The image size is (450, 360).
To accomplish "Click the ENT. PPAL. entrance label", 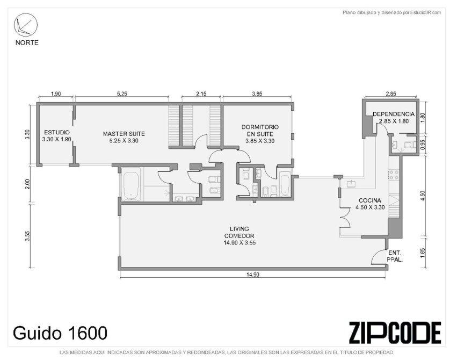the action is pos(395,256).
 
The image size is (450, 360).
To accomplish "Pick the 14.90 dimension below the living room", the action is pos(252,275).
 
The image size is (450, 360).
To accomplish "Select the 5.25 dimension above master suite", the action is pos(122,93).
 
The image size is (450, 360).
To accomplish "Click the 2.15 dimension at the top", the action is pos(201,93).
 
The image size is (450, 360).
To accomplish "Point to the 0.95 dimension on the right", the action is pos(423,145).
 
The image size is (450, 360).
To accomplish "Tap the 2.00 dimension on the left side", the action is pos(27,184).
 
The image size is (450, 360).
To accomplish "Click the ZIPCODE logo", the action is pos(395,333).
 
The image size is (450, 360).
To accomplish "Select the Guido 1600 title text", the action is pos(60,333).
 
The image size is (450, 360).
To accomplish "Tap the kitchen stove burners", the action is pos(394,175).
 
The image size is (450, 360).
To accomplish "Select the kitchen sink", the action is pos(351,183).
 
